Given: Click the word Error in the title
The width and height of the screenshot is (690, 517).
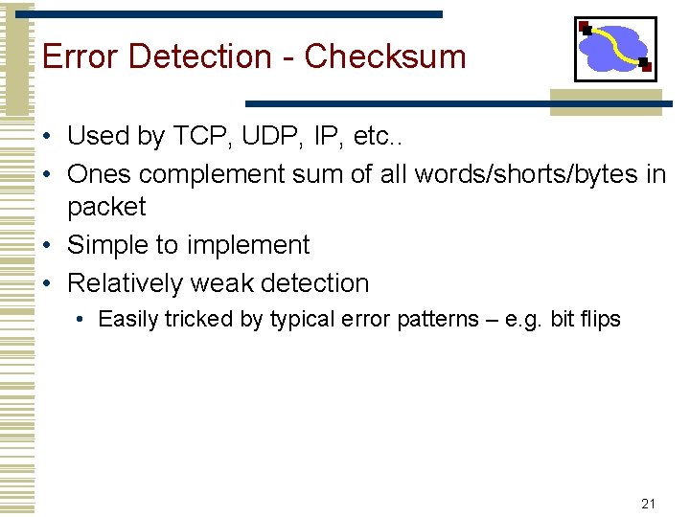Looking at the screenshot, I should point(80,56).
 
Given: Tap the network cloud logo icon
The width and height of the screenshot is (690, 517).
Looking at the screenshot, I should point(615,49).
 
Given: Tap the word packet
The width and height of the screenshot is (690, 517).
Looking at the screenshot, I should point(106,208).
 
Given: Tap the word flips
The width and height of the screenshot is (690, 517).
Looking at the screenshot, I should point(599,319).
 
